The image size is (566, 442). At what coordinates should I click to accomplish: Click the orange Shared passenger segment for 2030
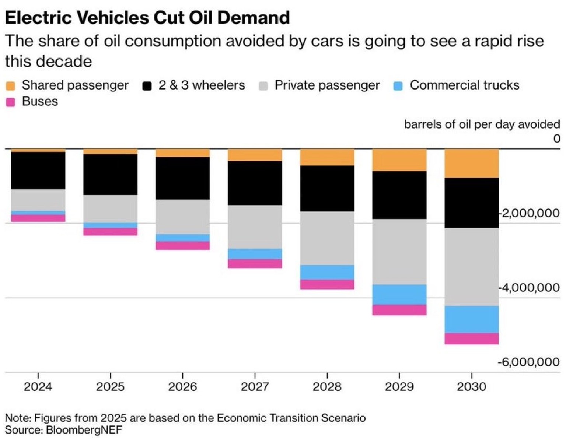tap(471, 164)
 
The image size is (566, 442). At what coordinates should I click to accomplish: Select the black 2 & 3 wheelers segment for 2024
tap(38, 170)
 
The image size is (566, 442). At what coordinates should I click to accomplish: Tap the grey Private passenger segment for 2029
tap(399, 252)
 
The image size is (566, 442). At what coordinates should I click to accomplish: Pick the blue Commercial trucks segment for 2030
tap(471, 319)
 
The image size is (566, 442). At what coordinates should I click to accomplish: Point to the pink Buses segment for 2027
tap(255, 263)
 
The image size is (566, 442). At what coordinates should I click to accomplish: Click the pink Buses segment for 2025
tap(110, 232)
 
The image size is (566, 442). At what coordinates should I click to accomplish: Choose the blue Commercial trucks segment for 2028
tap(327, 272)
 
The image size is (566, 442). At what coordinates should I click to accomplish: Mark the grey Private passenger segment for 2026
tap(182, 217)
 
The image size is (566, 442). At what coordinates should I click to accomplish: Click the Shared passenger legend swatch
tap(11, 86)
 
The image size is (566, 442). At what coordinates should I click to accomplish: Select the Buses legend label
tap(40, 101)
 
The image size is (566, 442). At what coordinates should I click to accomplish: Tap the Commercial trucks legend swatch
tap(398, 86)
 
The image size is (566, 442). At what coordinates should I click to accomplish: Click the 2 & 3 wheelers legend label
tap(202, 85)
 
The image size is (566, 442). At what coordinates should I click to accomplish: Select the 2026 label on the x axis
tap(182, 387)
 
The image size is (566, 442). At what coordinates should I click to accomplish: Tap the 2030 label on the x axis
tap(471, 387)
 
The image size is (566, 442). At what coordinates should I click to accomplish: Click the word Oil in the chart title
tap(201, 18)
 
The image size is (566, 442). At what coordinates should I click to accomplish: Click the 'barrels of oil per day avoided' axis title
tap(482, 124)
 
